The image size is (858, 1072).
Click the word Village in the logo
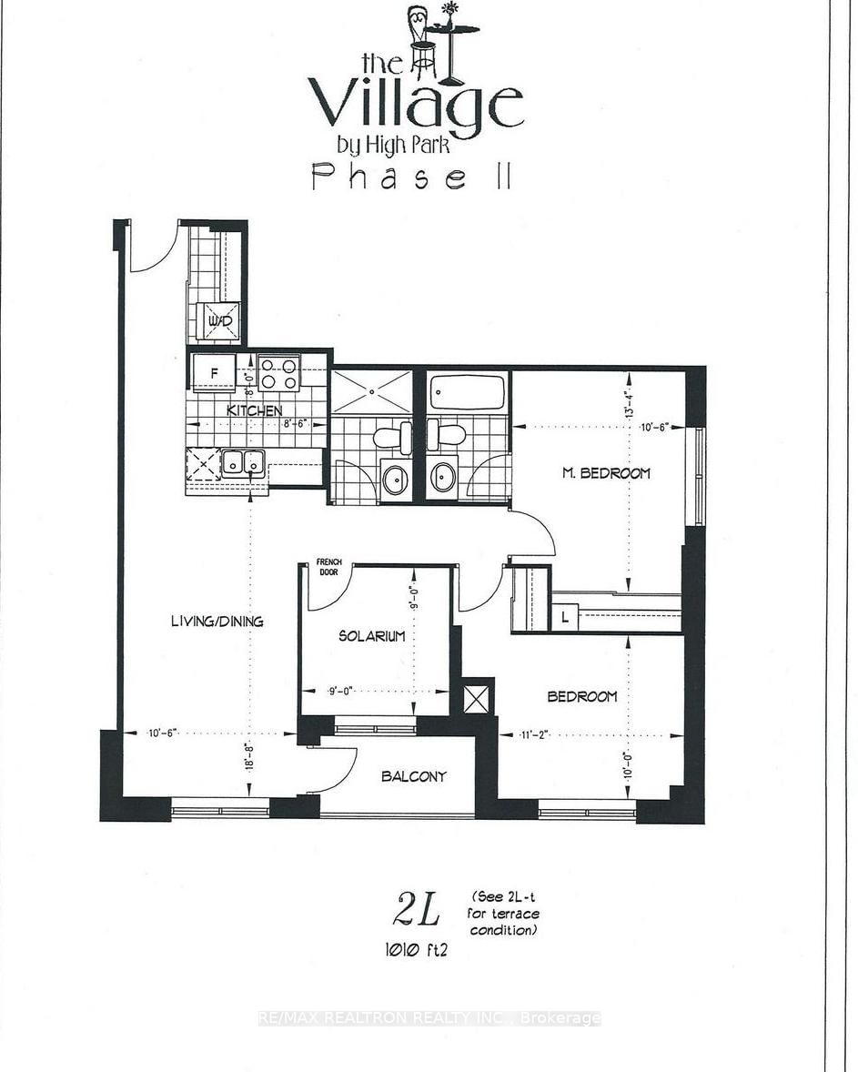(415, 103)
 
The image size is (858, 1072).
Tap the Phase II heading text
(410, 176)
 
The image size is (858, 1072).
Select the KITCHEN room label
(254, 410)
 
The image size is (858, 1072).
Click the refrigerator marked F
(214, 373)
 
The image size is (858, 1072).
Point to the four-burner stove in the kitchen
(280, 373)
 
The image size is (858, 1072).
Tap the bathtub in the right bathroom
(466, 393)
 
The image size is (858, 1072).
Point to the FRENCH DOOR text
(327, 567)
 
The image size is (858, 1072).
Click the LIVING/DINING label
(217, 622)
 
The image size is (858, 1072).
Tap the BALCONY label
(413, 776)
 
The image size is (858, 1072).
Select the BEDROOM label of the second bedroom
(581, 696)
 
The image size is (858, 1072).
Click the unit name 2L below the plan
(418, 910)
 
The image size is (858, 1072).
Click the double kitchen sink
(242, 462)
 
